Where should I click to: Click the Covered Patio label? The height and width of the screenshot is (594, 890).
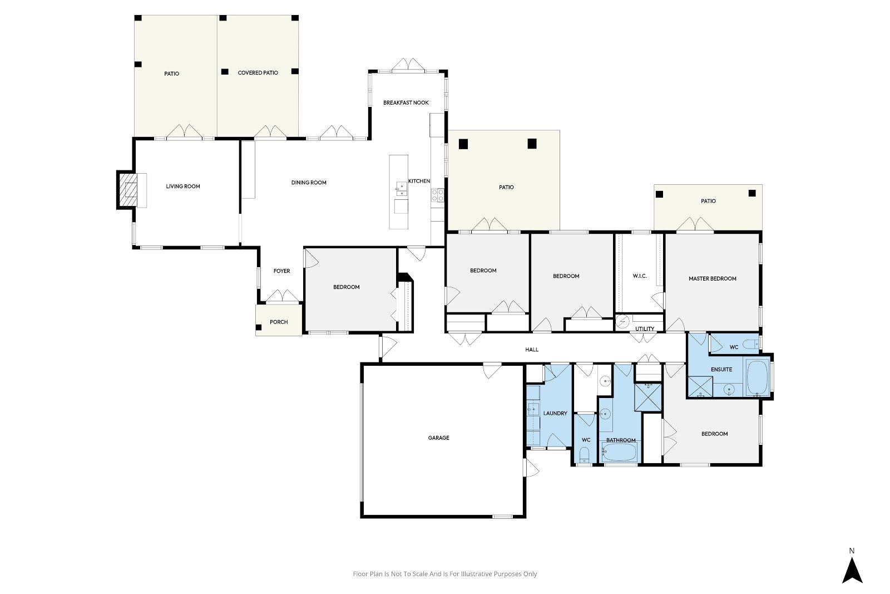click(x=258, y=73)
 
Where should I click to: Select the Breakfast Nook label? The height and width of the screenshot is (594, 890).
click(x=406, y=102)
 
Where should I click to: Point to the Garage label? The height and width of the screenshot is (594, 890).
click(x=439, y=438)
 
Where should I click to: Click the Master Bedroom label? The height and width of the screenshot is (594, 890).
click(x=713, y=279)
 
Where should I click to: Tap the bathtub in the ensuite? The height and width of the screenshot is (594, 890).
click(x=758, y=377)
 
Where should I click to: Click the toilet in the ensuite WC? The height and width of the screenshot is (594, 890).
click(x=751, y=344)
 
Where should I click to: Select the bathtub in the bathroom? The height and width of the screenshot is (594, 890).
click(x=620, y=453)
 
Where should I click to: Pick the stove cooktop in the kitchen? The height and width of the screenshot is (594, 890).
click(x=438, y=195)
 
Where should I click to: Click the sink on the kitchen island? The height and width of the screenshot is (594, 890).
click(x=402, y=189)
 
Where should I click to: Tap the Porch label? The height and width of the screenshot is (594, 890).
click(x=279, y=322)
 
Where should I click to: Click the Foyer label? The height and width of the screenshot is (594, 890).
click(x=281, y=271)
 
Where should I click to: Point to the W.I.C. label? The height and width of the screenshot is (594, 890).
click(x=640, y=276)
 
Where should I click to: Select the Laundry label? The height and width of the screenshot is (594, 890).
click(x=555, y=414)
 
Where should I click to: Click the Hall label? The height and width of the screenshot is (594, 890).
click(x=532, y=350)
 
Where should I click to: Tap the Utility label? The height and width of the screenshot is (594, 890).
click(x=645, y=329)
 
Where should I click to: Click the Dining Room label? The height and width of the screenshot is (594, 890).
click(x=309, y=183)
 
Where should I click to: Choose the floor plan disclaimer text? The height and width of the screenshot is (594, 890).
click(x=444, y=574)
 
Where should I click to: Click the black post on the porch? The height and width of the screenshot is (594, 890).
click(x=259, y=327)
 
